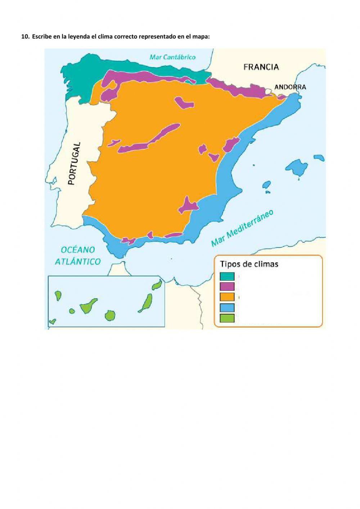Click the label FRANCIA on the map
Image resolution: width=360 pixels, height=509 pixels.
click(261, 67)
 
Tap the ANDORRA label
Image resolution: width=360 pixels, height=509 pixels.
click(290, 87)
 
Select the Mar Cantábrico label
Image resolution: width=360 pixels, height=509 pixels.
click(172, 57)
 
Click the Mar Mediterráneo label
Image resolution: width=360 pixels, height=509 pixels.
click(242, 228)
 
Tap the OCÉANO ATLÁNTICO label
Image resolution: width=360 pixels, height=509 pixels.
click(77, 255)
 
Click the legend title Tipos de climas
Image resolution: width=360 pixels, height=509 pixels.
click(249, 264)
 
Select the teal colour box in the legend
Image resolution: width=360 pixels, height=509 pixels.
click(227, 276)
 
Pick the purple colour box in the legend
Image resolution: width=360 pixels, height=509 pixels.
click(227, 286)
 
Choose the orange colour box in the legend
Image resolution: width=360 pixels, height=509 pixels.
click(227, 297)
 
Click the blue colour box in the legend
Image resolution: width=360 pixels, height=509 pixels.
click(227, 307)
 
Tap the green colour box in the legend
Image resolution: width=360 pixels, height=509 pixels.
click(227, 318)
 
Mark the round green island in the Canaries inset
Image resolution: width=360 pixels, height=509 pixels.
click(110, 315)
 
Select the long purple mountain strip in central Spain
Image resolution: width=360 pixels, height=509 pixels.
click(149, 139)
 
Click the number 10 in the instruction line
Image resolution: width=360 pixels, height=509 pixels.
click(24, 36)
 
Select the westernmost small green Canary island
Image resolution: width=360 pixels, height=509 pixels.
click(53, 321)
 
